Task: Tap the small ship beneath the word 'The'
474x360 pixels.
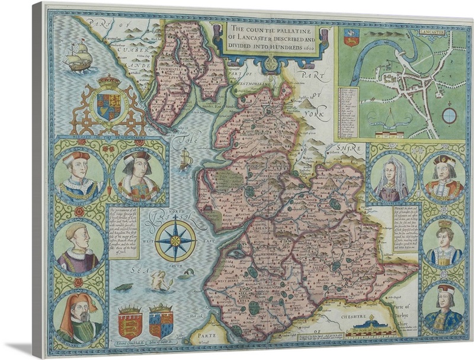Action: (185, 159)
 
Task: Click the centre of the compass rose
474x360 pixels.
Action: (176, 240)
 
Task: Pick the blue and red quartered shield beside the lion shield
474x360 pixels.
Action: (161, 322)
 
